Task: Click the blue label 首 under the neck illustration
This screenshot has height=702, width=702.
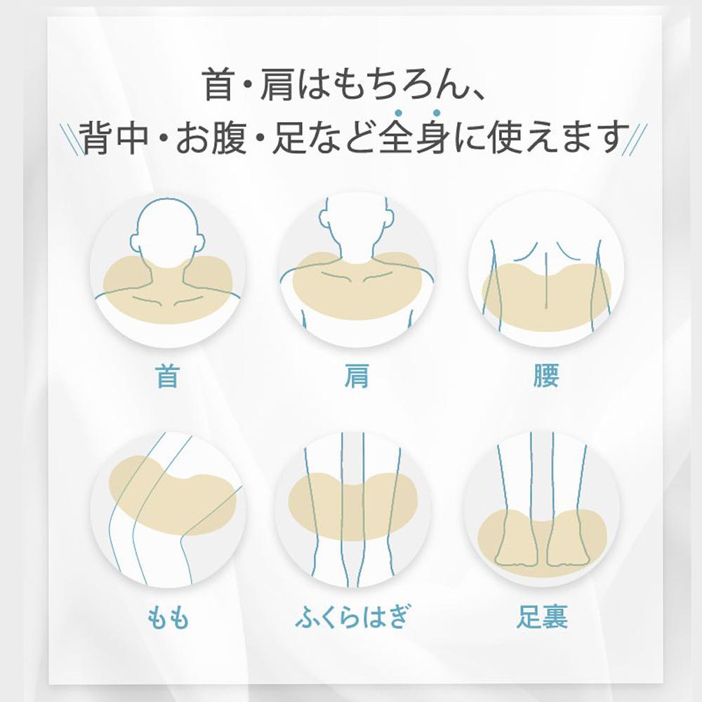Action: coord(168,376)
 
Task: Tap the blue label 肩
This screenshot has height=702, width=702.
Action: coord(357,376)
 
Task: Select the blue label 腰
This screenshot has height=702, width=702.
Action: coord(545,376)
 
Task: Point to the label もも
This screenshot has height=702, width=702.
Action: coord(168,618)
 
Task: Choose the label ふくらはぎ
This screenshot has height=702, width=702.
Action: coord(352,616)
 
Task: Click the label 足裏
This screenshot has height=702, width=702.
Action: coord(542,617)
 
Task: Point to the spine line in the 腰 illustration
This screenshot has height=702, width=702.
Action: coord(545,280)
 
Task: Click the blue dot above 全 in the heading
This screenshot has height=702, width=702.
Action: coord(397,113)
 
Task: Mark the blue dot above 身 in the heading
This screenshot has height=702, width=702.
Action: coord(437,113)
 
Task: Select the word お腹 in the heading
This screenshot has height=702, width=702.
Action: coord(211,138)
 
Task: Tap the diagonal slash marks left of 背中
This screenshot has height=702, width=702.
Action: coord(72,140)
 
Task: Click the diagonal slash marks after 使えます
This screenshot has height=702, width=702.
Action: coord(635,140)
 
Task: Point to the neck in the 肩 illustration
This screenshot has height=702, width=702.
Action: coord(357,239)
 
